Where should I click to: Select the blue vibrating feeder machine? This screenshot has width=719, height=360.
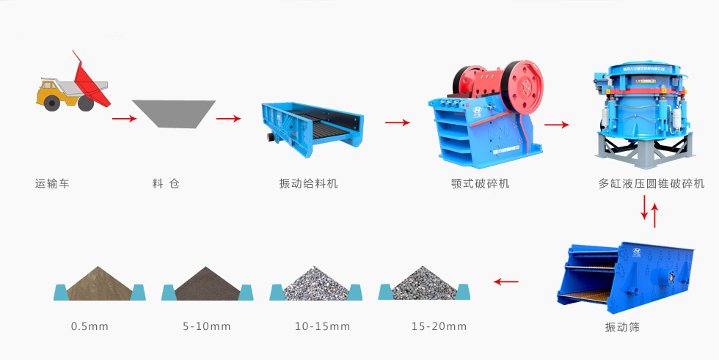(313, 129)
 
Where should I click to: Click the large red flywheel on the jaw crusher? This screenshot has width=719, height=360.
(522, 87)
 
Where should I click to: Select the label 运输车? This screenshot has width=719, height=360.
(52, 184)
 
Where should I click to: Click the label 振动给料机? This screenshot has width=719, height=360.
(309, 184)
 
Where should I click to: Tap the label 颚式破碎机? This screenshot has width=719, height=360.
(480, 184)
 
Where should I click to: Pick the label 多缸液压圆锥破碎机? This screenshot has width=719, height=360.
(652, 184)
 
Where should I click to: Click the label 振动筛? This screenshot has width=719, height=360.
(622, 327)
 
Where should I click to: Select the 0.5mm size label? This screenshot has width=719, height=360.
(90, 326)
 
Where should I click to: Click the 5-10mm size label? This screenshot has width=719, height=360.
(207, 326)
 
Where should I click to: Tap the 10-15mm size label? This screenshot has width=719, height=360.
(322, 326)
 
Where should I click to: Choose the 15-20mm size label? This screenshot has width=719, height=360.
(439, 326)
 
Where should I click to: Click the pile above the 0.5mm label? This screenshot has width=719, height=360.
(99, 286)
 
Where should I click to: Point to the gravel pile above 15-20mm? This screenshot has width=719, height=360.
(425, 286)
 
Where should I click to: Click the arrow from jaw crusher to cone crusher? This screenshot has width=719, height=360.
(557, 125)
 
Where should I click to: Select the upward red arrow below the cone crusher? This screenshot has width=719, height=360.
(654, 216)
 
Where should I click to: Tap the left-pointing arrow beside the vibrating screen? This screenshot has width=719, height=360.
(506, 282)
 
